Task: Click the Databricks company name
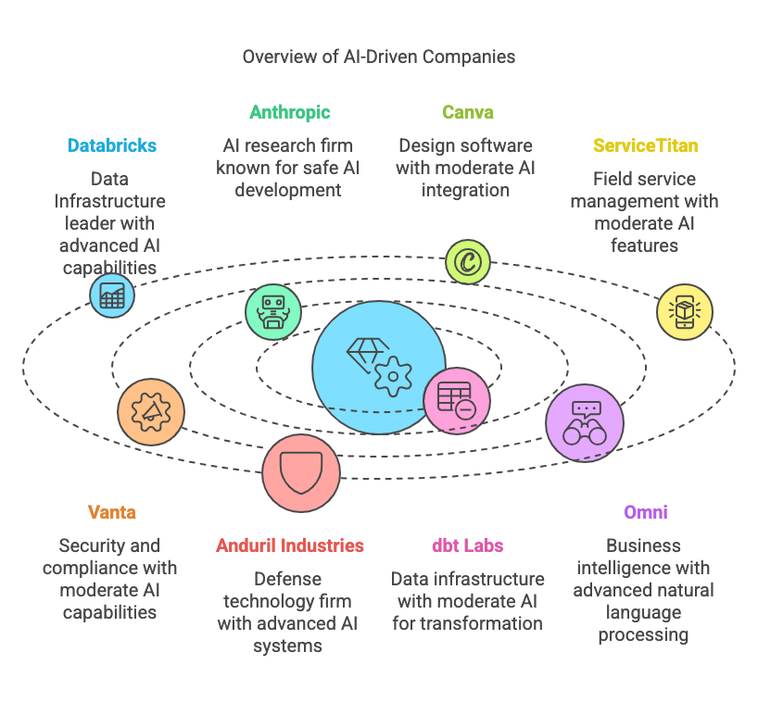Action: [112, 145]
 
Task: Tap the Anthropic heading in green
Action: [289, 113]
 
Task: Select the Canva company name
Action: [467, 112]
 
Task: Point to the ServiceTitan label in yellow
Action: [645, 145]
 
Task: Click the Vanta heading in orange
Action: [112, 512]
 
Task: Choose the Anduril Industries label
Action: [289, 545]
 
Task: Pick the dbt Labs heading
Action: [467, 545]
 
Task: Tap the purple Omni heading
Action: [645, 512]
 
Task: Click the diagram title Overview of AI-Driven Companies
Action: [378, 56]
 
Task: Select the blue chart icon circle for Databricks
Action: [112, 295]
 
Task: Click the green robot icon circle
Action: [273, 312]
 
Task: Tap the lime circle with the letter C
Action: [467, 262]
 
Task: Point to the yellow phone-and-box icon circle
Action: [685, 311]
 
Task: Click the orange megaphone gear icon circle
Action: [151, 411]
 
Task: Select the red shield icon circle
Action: [301, 473]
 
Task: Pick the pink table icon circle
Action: [457, 400]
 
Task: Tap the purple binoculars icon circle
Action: [585, 422]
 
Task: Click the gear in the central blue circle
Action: [393, 376]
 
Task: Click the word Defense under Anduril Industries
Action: [287, 579]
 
